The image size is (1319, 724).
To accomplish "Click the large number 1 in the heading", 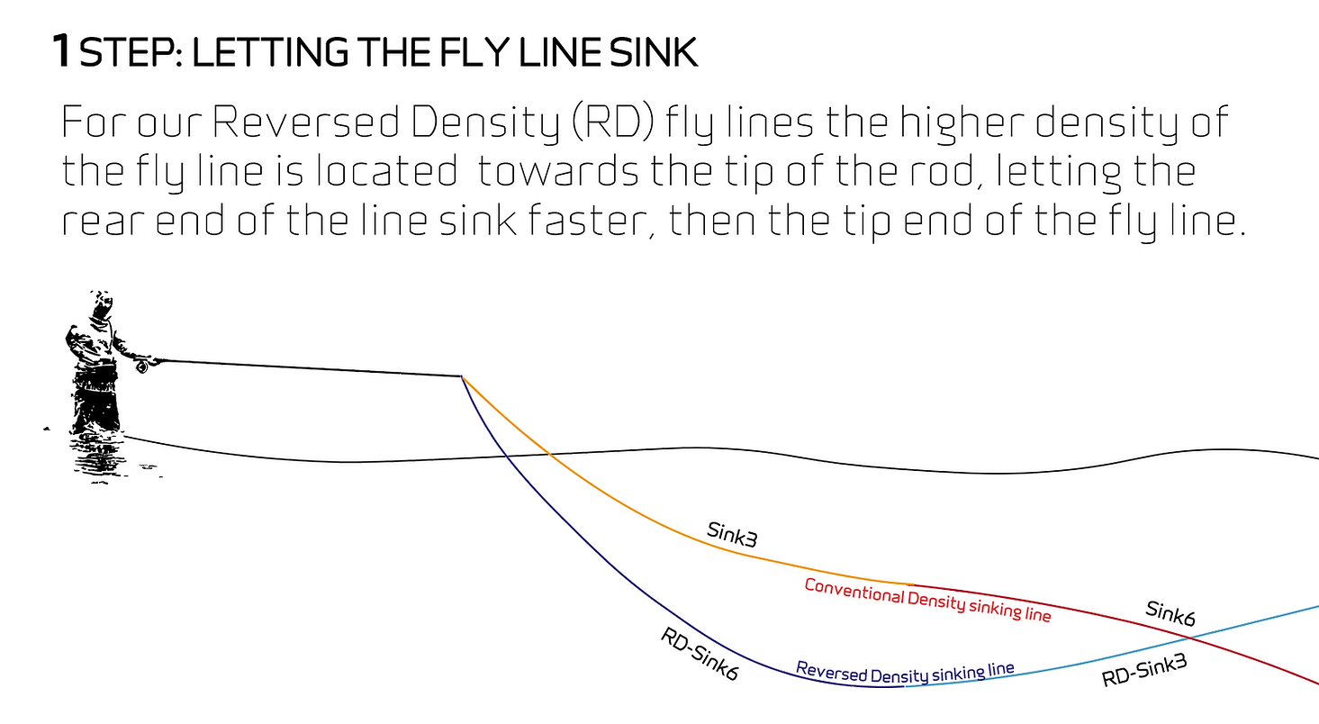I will [61, 51].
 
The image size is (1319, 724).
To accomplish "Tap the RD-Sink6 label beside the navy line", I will [700, 654].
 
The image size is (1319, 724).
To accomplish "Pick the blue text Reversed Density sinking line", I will [905, 672].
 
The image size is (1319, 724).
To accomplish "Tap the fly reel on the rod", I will [141, 367].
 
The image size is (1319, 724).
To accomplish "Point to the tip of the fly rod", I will [461, 376].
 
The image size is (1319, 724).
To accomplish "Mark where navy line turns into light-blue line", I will [903, 687].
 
